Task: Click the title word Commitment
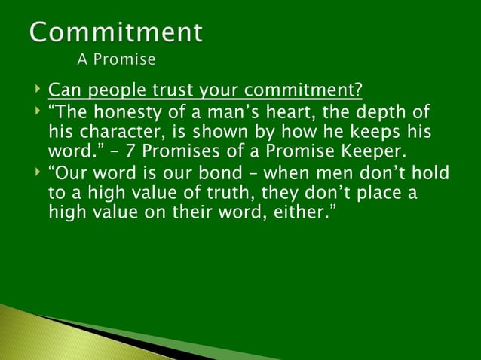(116, 32)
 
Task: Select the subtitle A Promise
(116, 59)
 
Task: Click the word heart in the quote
(278, 113)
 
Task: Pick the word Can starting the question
(63, 92)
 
